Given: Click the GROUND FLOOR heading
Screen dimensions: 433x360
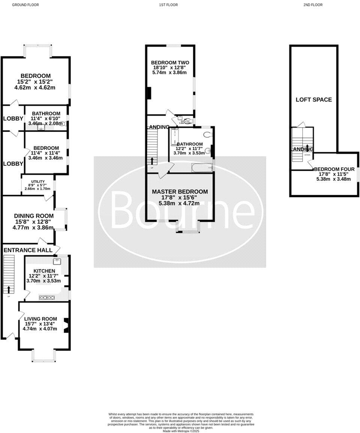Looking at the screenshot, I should tap(25, 5).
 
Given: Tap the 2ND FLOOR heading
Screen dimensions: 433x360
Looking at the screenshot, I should tap(313, 5).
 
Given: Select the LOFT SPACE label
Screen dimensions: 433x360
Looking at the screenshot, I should tap(314, 100).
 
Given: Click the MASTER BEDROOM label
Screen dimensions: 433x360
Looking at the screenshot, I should tap(180, 192).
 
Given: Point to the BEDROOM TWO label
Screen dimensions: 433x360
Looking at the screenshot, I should tap(170, 63).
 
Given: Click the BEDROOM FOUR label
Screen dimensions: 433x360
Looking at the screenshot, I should tap(333, 169).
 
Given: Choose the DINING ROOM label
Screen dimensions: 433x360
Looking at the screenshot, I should tap(34, 216).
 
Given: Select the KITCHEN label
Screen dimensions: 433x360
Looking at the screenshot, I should tap(44, 271).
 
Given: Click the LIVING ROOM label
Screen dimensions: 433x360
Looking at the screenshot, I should tap(40, 319).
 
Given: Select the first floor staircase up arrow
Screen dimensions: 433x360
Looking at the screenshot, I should tap(152, 161).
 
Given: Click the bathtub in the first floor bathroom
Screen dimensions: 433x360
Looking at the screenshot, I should tap(202, 168).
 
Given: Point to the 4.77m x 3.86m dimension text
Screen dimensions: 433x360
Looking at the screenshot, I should tap(34, 227).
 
